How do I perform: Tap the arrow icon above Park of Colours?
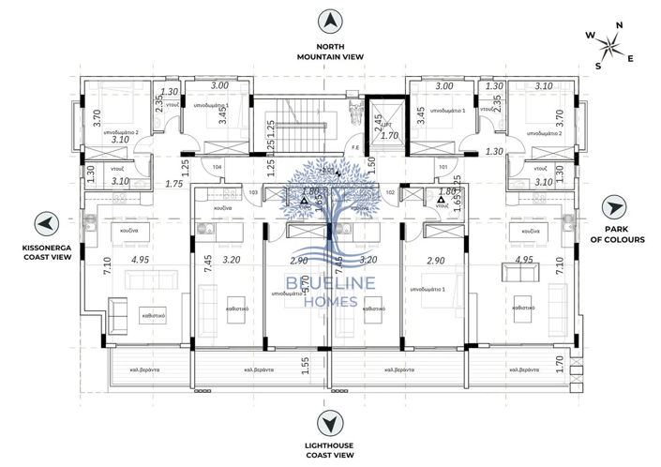pos(613,206)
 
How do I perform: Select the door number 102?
pos(391,192)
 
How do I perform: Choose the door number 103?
pos(253,192)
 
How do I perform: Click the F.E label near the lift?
pos(354,148)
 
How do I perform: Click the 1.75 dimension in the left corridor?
pos(175,185)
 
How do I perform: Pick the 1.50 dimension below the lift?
pos(372,162)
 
